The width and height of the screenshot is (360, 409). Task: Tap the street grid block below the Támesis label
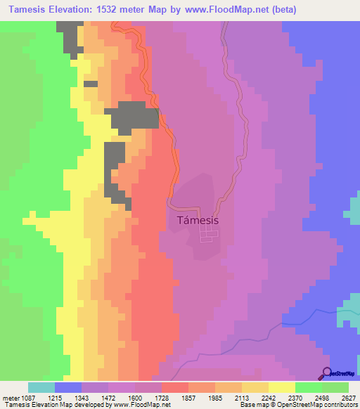click(208, 237)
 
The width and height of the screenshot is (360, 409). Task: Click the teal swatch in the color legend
click(41, 387)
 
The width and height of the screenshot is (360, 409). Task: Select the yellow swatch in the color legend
click(282, 387)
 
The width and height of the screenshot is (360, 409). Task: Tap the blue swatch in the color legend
click(68, 387)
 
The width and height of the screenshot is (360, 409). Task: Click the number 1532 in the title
click(115, 10)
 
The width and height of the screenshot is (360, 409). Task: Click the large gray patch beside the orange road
click(134, 115)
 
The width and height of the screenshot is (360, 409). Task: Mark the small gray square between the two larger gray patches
click(90, 84)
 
